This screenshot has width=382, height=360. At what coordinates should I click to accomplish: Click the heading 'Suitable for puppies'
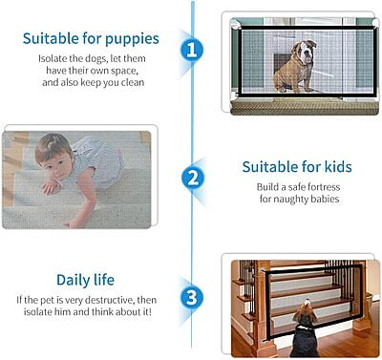click(91, 40)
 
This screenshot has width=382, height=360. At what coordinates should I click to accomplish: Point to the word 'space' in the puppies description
click(126, 71)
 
